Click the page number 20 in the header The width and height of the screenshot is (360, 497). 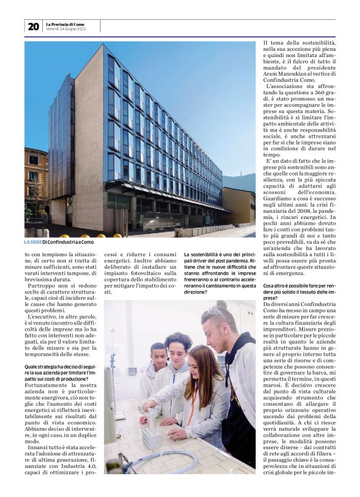[x=33, y=26]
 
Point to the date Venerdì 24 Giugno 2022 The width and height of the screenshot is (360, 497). [x=65, y=29]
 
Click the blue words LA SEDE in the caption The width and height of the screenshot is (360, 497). [x=32, y=242]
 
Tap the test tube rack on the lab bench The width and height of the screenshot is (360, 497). [x=151, y=438]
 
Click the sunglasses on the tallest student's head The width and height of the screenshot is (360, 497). [x=217, y=311]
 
